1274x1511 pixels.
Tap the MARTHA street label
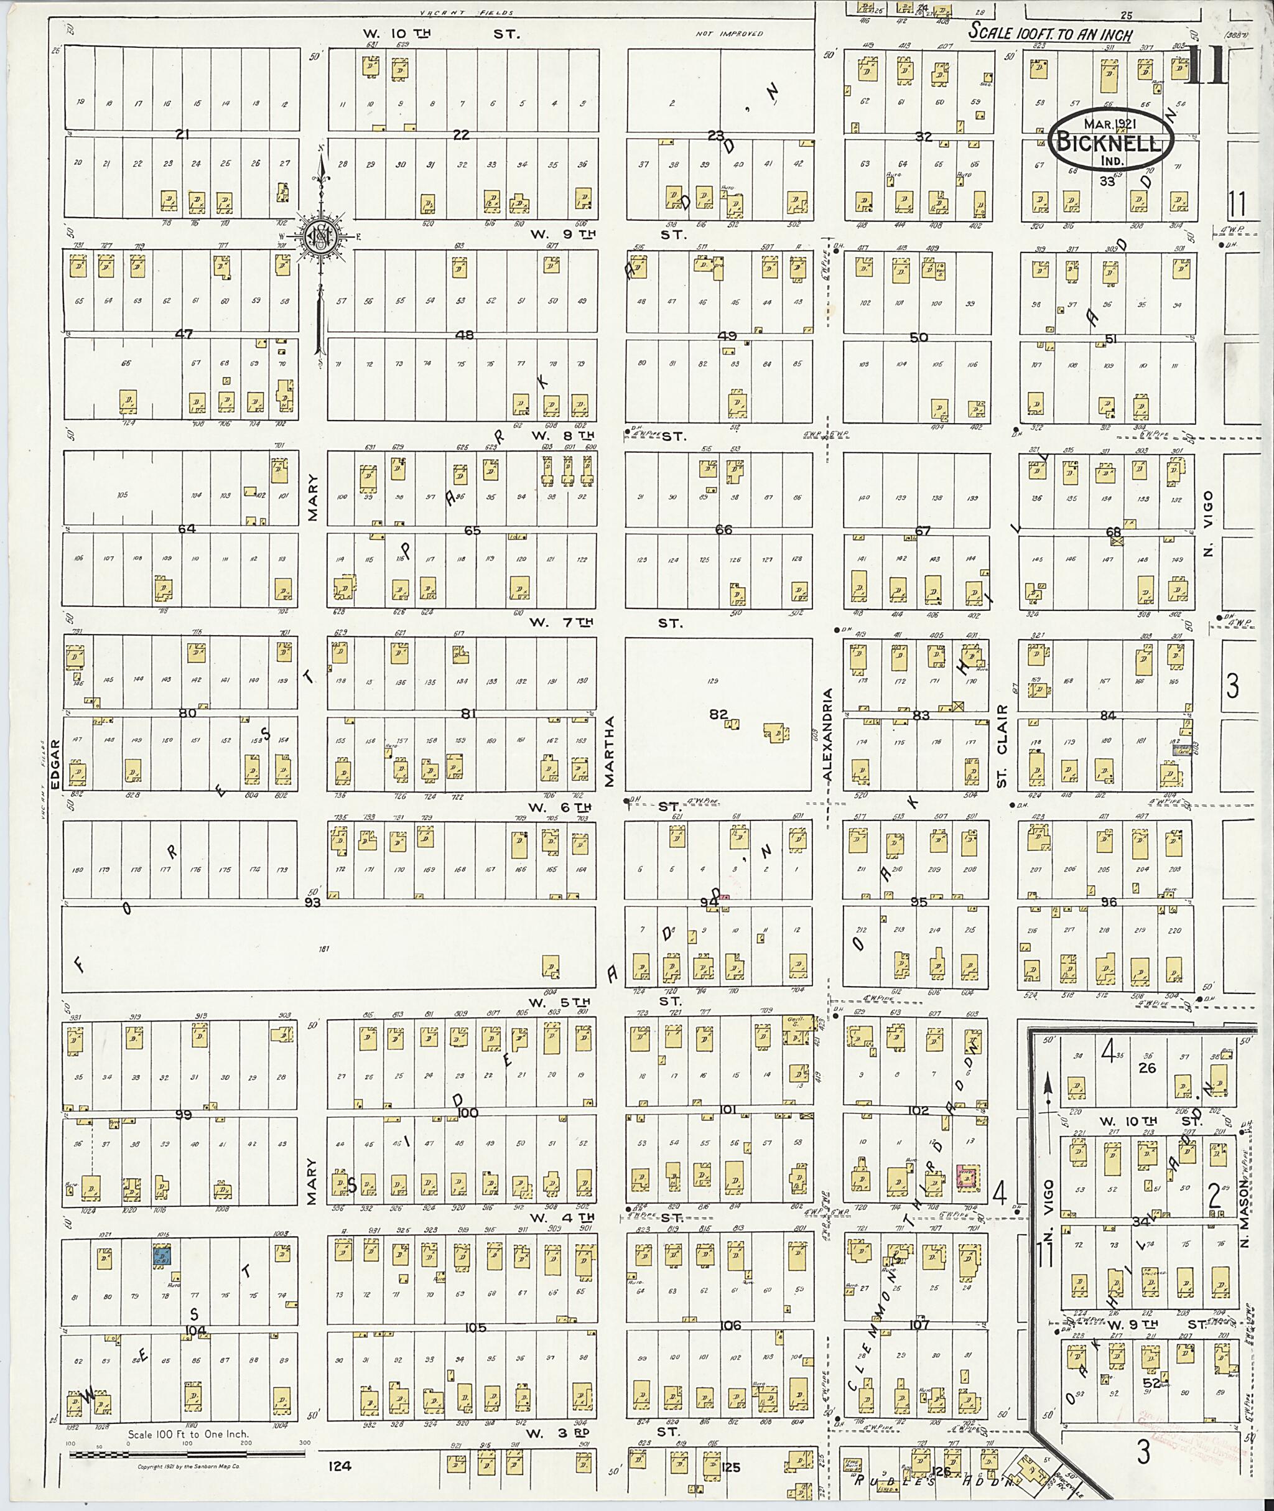click(x=609, y=752)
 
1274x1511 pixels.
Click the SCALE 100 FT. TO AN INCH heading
click(x=1050, y=32)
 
